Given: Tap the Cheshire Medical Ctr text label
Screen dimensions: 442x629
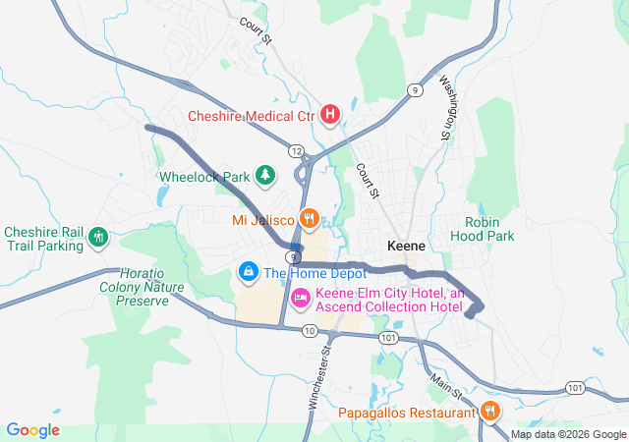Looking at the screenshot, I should pyautogui.click(x=251, y=116).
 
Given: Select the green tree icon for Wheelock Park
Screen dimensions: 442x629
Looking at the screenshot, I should pyautogui.click(x=265, y=176).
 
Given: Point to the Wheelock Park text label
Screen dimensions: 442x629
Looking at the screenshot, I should pyautogui.click(x=204, y=177).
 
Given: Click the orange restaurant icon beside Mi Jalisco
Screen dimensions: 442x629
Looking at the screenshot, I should pyautogui.click(x=310, y=218).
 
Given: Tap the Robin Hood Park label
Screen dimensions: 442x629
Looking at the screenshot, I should pyautogui.click(x=483, y=229).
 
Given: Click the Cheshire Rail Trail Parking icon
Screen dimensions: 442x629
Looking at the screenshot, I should pyautogui.click(x=97, y=237).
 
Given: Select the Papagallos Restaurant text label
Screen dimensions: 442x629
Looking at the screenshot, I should pyautogui.click(x=407, y=414).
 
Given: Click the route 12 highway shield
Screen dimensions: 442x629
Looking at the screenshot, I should pyautogui.click(x=296, y=150).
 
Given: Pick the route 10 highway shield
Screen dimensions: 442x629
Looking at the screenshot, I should pyautogui.click(x=310, y=331).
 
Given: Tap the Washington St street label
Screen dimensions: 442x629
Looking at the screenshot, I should pyautogui.click(x=448, y=107).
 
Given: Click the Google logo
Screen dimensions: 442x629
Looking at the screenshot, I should pyautogui.click(x=33, y=430).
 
